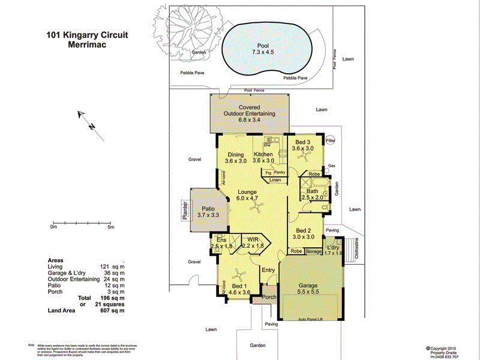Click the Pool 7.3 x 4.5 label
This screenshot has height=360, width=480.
263,49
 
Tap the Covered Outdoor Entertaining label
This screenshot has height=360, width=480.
249,113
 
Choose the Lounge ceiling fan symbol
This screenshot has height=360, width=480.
258,208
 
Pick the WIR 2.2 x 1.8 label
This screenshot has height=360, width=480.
253,242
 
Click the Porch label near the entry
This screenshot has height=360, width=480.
269,297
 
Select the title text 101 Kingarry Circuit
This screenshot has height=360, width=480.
87,35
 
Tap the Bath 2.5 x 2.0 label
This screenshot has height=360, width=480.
312,194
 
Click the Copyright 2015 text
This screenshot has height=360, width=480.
445,347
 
